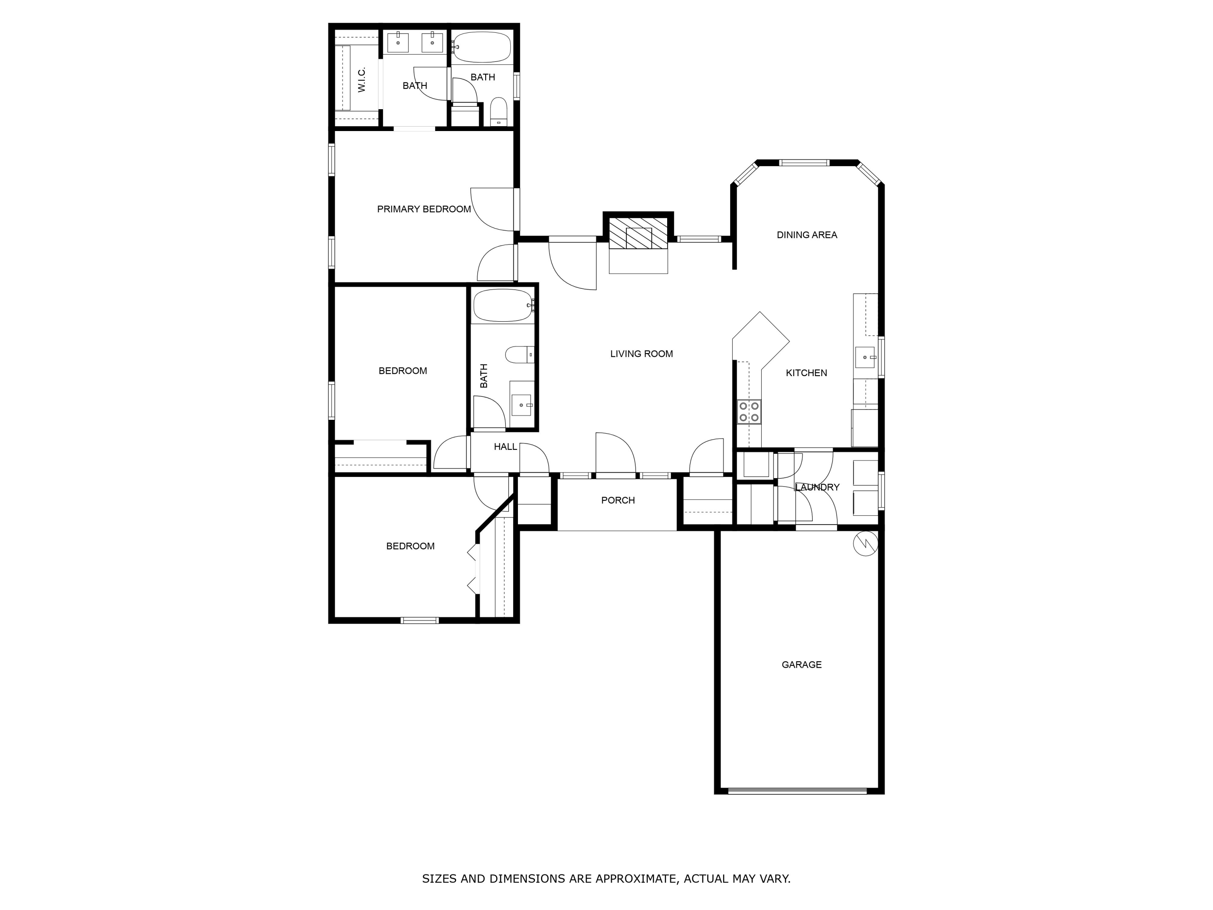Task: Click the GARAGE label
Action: pyautogui.click(x=801, y=664)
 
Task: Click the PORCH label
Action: pyautogui.click(x=617, y=500)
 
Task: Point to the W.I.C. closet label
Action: pyautogui.click(x=361, y=80)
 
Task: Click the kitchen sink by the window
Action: pyautogui.click(x=865, y=357)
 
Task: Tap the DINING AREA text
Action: pyautogui.click(x=807, y=235)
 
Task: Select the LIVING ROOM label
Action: pyautogui.click(x=641, y=354)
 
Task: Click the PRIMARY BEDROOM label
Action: pyautogui.click(x=424, y=209)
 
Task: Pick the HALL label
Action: pyautogui.click(x=505, y=447)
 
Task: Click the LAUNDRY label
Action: pyautogui.click(x=816, y=487)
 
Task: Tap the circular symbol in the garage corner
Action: pyautogui.click(x=865, y=544)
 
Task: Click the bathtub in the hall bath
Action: pyautogui.click(x=502, y=305)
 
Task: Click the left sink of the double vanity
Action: pyautogui.click(x=398, y=42)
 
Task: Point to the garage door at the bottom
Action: pyautogui.click(x=798, y=791)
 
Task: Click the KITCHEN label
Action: pyautogui.click(x=806, y=373)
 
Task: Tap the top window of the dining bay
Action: pyautogui.click(x=805, y=162)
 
